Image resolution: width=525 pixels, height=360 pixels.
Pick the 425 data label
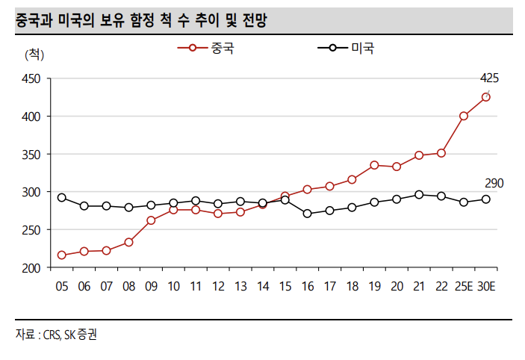pyautogui.click(x=489, y=78)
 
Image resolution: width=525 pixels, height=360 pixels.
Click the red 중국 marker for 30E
pyautogui.click(x=486, y=97)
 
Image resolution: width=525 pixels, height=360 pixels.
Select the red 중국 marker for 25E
pyautogui.click(x=464, y=116)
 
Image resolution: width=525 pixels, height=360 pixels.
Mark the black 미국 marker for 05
pyautogui.click(x=61, y=198)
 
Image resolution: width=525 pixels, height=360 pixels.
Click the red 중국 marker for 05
pyautogui.click(x=61, y=255)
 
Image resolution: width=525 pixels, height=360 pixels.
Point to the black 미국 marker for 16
pyautogui.click(x=307, y=214)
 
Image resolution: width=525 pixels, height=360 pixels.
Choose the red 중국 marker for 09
pyautogui.click(x=151, y=220)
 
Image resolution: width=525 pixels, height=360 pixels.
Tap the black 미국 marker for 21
pyautogui.click(x=419, y=194)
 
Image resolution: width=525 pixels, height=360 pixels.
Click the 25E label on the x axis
pyautogui.click(x=464, y=286)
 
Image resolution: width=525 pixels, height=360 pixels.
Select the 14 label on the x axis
pyautogui.click(x=262, y=286)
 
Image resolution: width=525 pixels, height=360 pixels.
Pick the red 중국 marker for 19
pyautogui.click(x=374, y=165)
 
